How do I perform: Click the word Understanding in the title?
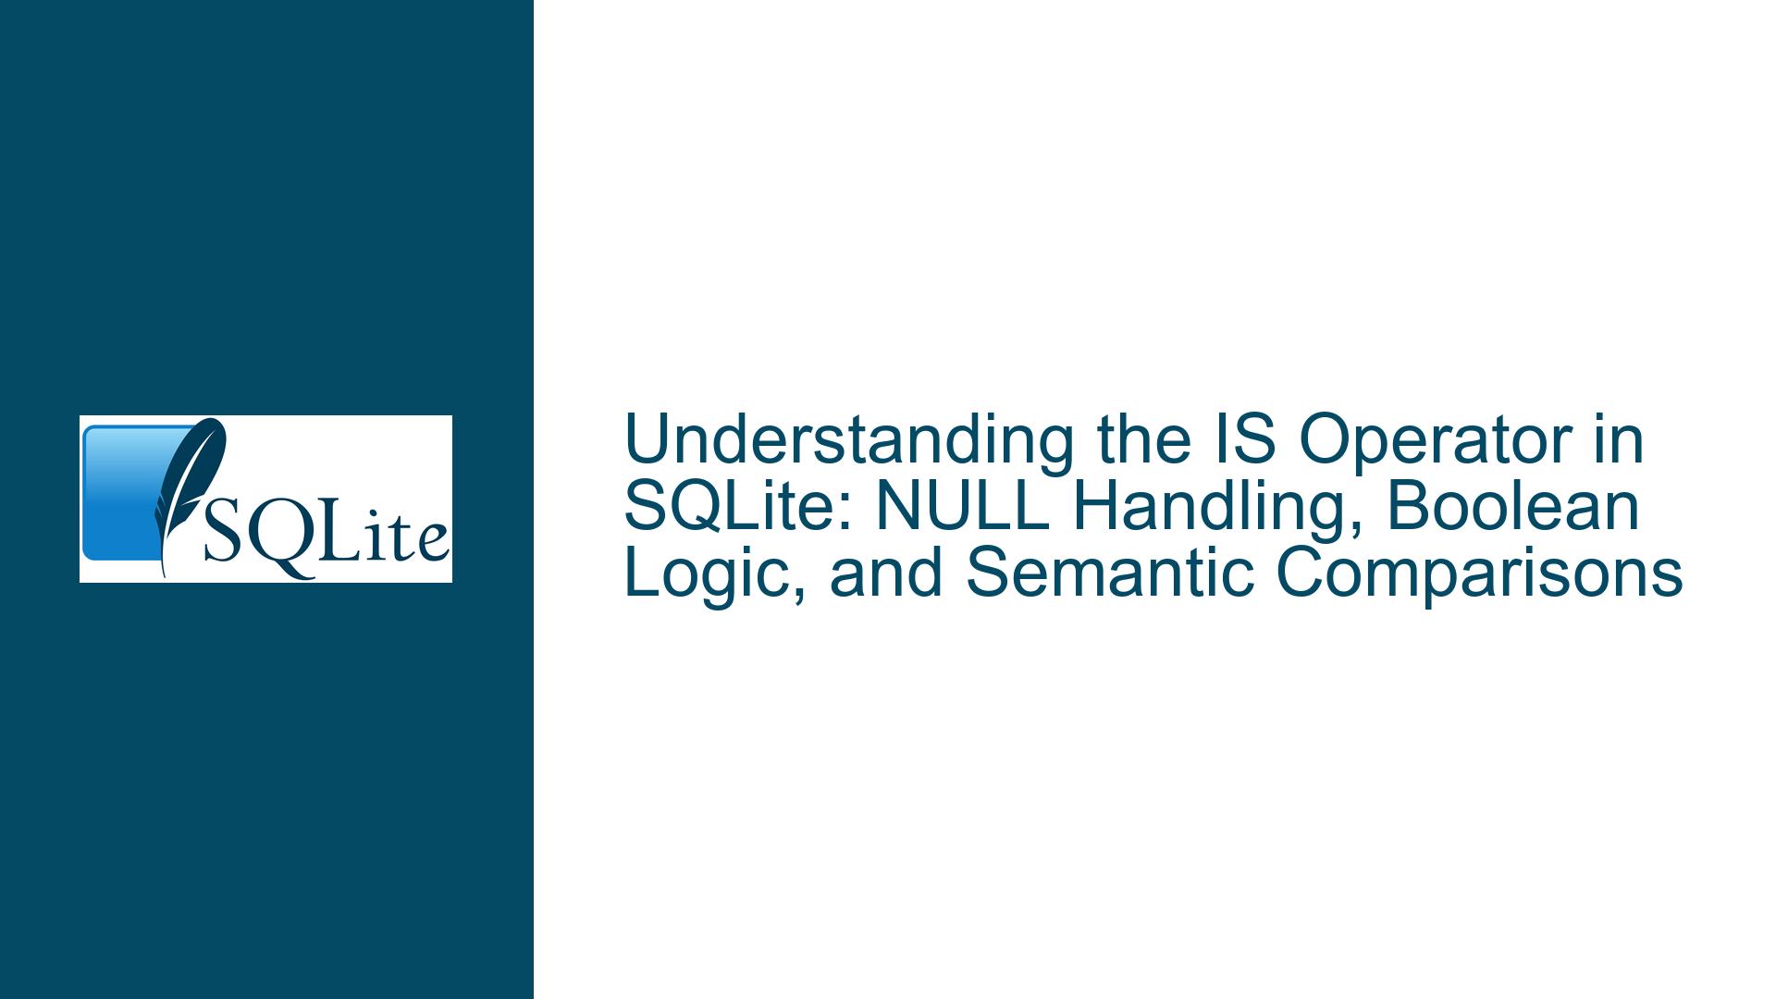point(848,442)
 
